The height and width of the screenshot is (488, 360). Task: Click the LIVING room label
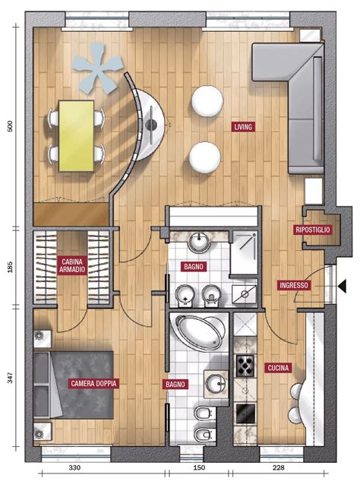click(243, 127)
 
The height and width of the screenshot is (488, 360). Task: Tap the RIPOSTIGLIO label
click(312, 230)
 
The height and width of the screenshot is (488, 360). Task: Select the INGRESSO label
click(294, 285)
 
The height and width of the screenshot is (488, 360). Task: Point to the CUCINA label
click(278, 368)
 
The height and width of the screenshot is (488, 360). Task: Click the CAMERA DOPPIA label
click(93, 383)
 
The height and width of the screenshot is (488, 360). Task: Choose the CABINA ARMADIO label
click(72, 265)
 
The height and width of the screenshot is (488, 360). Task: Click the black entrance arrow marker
click(342, 286)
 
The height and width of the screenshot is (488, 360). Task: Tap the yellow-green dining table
click(77, 136)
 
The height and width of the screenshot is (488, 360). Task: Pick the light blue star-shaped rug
click(98, 68)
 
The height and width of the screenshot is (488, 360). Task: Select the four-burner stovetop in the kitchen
click(245, 366)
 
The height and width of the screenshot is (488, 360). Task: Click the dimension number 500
click(11, 125)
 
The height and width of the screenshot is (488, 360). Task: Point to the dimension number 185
click(10, 267)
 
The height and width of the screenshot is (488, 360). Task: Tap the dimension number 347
click(10, 377)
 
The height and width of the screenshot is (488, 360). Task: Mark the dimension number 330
click(74, 467)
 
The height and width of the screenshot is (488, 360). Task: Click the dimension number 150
click(199, 467)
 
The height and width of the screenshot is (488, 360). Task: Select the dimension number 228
click(279, 467)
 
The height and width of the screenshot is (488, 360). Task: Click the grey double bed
click(74, 385)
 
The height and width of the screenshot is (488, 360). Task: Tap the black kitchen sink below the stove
click(245, 414)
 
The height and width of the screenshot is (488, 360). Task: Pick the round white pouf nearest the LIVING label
click(207, 101)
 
